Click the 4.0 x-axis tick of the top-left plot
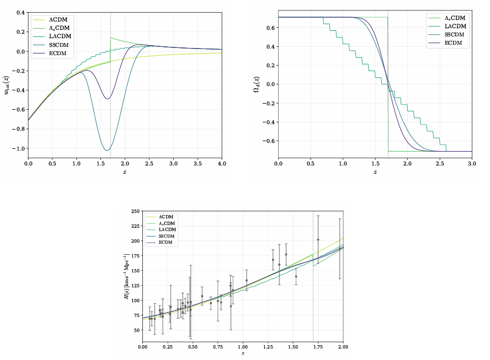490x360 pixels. coord(221,163)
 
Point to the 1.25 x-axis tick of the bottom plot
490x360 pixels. coord(268,348)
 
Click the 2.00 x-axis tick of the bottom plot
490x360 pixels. coord(343,348)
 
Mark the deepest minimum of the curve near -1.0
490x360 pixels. coord(106,150)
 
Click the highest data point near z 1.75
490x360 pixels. coord(318,239)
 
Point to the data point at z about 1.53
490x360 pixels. coord(296,276)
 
